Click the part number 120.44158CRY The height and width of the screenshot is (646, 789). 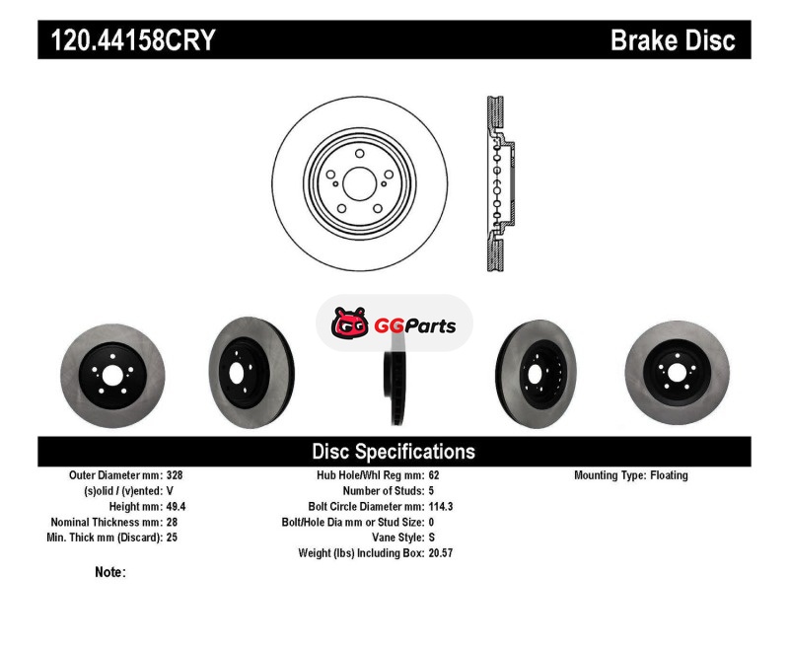pos(133,40)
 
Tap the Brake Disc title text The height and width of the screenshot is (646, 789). pos(673,40)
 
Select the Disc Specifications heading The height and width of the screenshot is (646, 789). pos(394,452)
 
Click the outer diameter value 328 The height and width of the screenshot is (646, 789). pos(175,475)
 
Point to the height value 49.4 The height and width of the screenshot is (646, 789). pos(177,506)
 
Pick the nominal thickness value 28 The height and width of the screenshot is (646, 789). pos(172,522)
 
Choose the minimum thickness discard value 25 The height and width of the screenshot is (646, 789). pos(172,538)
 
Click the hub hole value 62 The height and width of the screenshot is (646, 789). pos(434,475)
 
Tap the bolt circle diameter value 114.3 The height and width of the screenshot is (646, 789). pos(441,506)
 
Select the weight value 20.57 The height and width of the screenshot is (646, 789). pos(441,553)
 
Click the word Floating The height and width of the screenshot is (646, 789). pos(669,475)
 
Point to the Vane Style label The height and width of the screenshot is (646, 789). pos(398,538)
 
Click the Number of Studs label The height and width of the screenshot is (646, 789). pos(384,490)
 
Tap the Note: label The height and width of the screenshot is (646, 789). pos(110,572)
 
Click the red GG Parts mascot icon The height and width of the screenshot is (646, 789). pos(350,323)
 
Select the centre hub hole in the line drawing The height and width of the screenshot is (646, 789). pos(359,183)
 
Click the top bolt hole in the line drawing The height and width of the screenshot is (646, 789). pos(359,154)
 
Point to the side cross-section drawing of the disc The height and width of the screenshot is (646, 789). pos(500,183)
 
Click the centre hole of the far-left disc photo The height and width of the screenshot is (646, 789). pos(112,376)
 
